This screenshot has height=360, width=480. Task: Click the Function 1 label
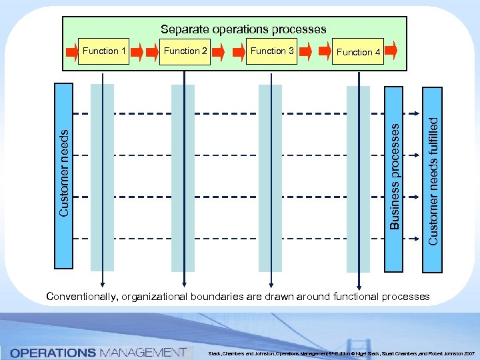coord(104,51)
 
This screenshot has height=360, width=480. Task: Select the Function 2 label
coord(186,51)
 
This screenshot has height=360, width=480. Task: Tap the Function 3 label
coord(272,51)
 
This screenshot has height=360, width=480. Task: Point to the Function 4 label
coord(359,52)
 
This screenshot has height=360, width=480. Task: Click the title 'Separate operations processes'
coord(243,29)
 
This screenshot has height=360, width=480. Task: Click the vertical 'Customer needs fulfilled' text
coord(433,180)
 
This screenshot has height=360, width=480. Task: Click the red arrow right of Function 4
coord(391,50)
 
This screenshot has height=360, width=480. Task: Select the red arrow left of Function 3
coord(239,51)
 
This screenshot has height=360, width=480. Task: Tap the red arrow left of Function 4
coord(326,51)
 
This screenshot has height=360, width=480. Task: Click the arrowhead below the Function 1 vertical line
coord(103,283)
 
